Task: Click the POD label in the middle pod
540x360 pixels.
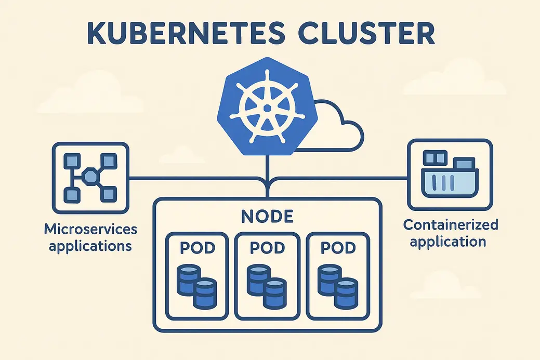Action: [267, 248]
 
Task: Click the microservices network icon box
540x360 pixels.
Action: [90, 178]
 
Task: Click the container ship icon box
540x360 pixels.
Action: [450, 174]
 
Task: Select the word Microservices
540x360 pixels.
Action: [91, 229]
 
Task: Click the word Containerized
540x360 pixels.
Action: [451, 225]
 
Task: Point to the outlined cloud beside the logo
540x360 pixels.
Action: [333, 127]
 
